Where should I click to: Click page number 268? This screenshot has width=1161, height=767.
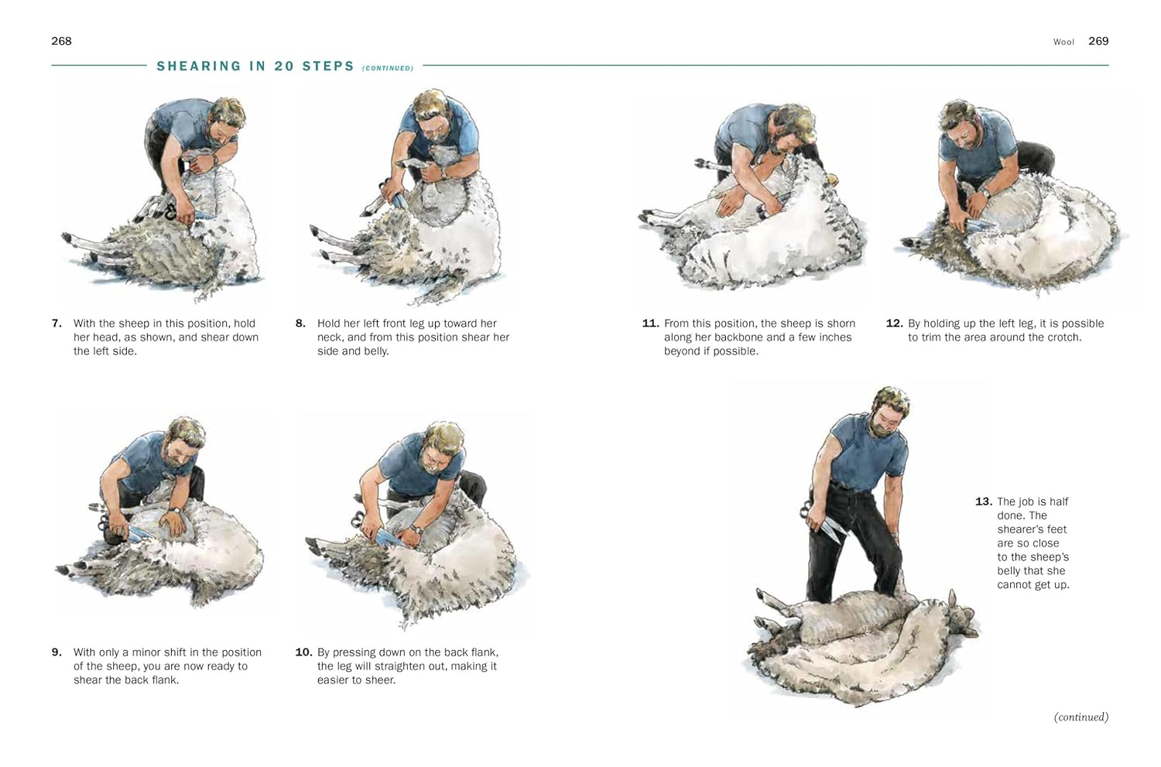[61, 41]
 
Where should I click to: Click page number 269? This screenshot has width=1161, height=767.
[1098, 41]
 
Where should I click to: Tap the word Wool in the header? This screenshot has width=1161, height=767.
[1063, 42]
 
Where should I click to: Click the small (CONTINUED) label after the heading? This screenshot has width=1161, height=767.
[388, 68]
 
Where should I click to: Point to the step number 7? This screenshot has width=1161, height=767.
[57, 324]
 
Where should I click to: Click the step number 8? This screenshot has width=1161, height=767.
[300, 324]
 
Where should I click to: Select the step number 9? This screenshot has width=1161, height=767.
[57, 652]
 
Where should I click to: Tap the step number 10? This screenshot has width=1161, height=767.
[303, 652]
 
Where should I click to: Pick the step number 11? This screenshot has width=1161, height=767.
[650, 324]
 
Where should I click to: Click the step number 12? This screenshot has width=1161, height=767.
[895, 324]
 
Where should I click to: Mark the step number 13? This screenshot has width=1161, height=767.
[984, 502]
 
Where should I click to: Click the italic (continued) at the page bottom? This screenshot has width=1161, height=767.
[1081, 717]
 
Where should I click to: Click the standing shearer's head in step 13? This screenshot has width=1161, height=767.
[889, 412]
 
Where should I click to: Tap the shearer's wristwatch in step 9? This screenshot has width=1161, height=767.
[175, 511]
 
